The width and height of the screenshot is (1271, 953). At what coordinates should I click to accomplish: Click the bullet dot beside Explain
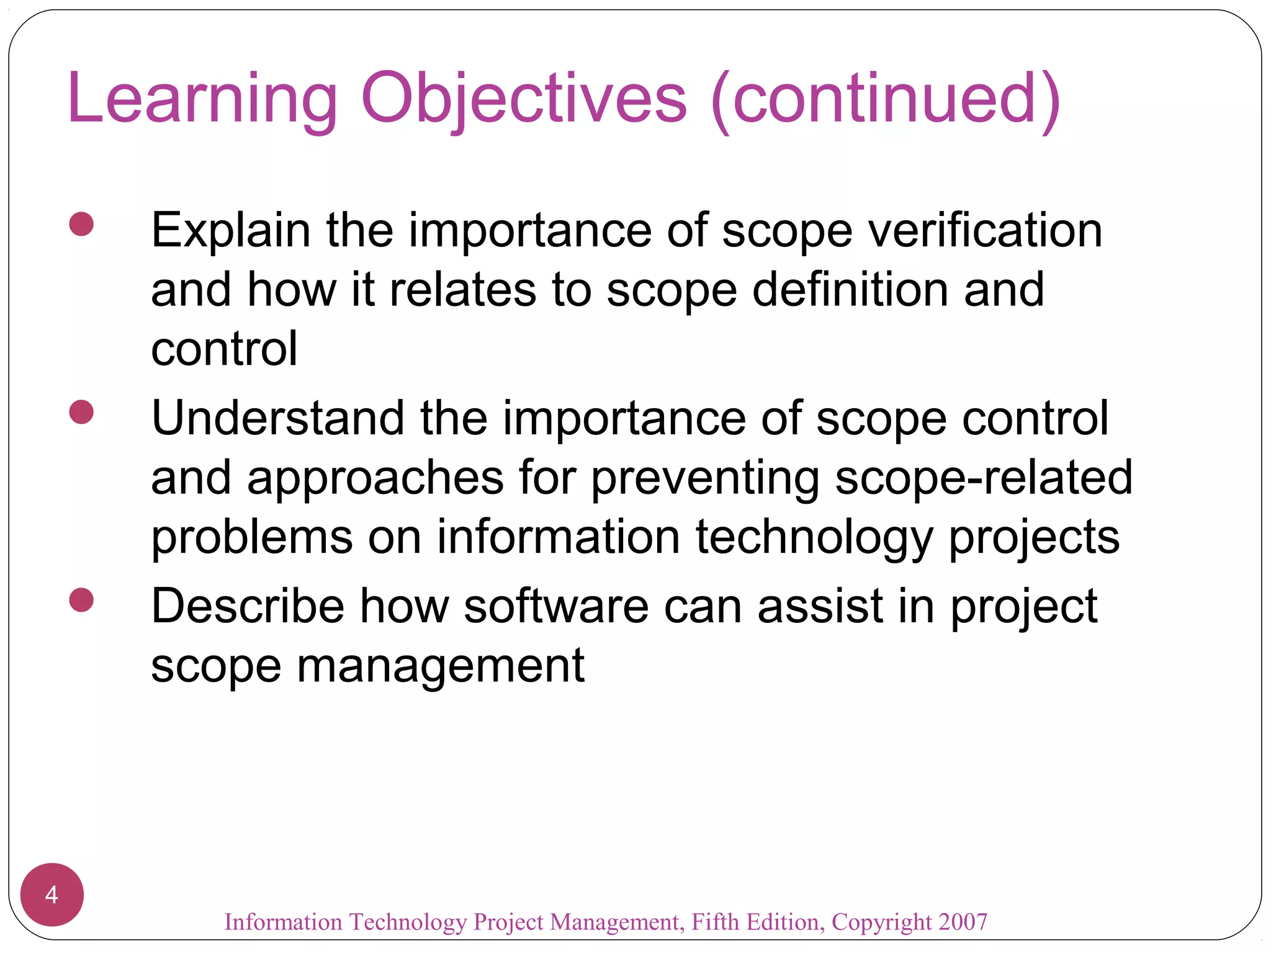81,224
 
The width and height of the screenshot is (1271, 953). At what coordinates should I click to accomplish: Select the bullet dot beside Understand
81,412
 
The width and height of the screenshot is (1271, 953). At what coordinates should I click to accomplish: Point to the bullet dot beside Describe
81,600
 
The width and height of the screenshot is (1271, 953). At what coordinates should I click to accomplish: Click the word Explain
230,231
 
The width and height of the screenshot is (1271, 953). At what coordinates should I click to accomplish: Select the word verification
985,231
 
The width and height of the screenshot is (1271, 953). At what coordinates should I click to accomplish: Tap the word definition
850,290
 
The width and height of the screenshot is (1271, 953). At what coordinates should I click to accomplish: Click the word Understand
277,419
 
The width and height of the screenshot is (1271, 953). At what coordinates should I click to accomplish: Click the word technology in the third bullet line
814,537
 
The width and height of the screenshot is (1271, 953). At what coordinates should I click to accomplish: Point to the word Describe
248,607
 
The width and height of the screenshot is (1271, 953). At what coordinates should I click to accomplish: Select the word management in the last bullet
441,666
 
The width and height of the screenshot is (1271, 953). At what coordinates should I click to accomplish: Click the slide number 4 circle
52,895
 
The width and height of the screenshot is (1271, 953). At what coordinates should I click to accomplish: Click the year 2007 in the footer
963,922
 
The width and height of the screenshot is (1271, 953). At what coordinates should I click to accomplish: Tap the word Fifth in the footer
716,922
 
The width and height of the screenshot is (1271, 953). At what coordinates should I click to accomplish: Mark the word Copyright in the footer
882,922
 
